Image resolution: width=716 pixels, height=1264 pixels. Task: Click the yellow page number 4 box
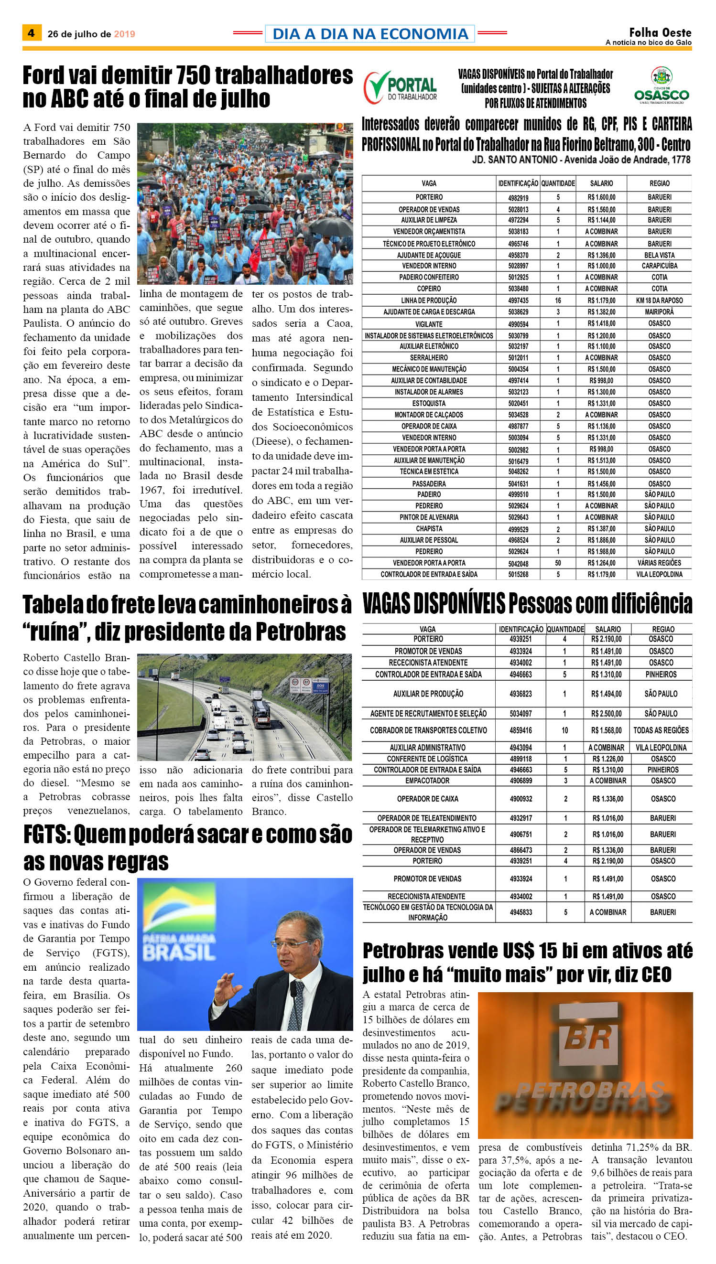tap(32, 33)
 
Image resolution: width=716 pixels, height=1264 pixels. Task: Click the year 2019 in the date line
tap(124, 34)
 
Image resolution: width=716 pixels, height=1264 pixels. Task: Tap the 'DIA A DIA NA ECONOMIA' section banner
tap(370, 33)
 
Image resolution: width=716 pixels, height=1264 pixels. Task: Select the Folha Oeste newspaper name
tap(660, 32)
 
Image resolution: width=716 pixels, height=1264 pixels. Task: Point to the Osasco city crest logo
tap(662, 85)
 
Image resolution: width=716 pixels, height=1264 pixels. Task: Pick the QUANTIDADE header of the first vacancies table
tap(558, 183)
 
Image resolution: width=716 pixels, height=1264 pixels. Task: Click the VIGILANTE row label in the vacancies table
tap(429, 324)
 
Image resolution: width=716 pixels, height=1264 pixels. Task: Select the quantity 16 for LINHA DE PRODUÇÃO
tap(558, 301)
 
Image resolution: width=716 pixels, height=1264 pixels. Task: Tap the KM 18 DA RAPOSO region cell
tap(659, 301)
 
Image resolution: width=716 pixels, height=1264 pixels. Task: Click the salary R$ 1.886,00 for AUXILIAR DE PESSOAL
tap(601, 540)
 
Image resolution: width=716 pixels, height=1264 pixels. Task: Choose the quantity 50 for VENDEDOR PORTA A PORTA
tap(558, 563)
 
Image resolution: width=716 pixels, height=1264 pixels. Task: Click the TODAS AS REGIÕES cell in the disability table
tap(661, 730)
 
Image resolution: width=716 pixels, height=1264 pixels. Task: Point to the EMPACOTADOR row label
tap(427, 781)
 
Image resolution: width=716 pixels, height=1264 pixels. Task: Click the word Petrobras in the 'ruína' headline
tap(301, 632)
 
